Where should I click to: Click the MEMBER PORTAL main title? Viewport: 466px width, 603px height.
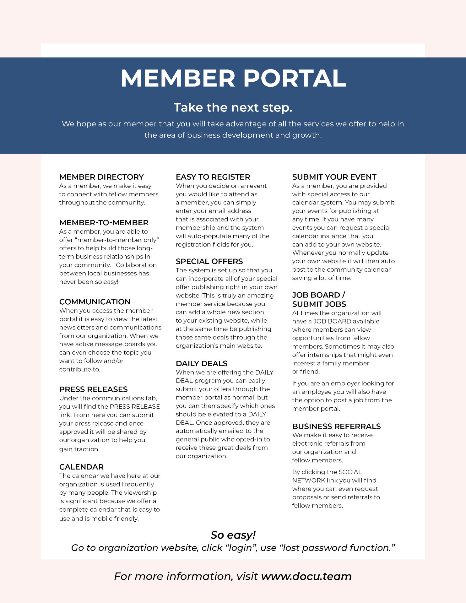(x=233, y=78)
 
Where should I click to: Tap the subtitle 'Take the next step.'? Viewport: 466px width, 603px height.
(x=233, y=108)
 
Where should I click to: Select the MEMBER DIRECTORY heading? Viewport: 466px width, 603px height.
(x=101, y=177)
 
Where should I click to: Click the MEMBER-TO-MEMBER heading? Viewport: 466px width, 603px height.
(x=104, y=223)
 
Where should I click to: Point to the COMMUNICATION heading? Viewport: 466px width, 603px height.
(x=95, y=302)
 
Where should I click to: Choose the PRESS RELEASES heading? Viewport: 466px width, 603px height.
(x=94, y=389)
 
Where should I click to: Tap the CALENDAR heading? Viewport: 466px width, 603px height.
(x=81, y=467)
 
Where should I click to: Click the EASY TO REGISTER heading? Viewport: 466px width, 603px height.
(x=213, y=177)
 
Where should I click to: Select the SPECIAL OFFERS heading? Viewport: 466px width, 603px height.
(x=209, y=262)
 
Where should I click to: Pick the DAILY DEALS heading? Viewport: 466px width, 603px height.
(x=202, y=364)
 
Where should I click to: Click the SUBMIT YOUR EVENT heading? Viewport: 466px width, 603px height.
(x=334, y=177)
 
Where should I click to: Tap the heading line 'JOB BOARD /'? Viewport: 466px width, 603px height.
(x=318, y=295)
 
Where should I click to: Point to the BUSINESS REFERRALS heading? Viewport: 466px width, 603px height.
(x=336, y=426)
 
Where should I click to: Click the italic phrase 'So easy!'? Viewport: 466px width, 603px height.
(x=233, y=535)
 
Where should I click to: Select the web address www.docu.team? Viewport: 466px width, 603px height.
(x=306, y=577)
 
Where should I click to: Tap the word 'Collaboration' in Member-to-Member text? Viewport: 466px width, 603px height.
(x=136, y=265)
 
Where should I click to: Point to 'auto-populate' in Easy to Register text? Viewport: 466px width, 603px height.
(x=207, y=236)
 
